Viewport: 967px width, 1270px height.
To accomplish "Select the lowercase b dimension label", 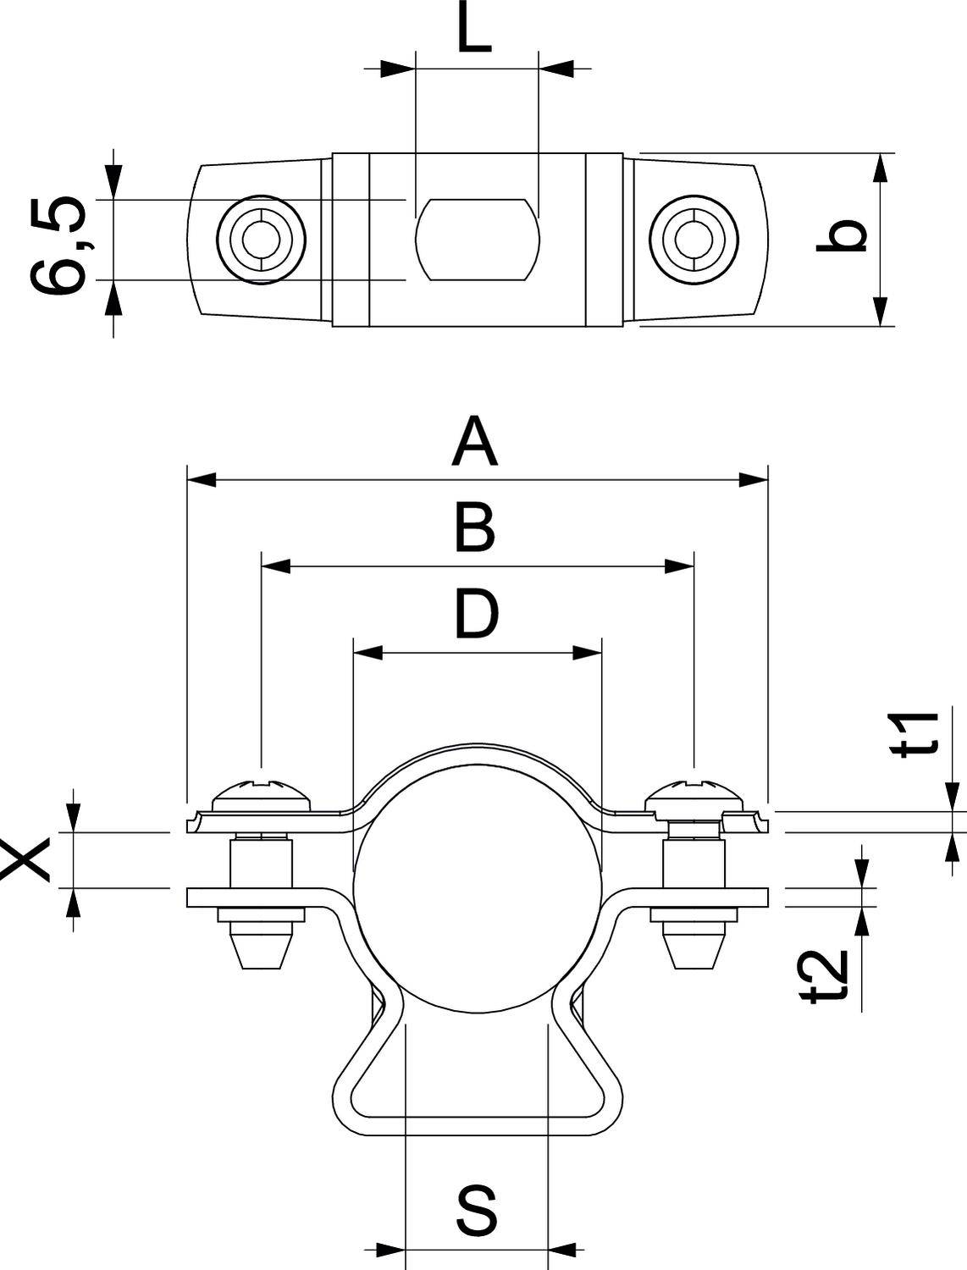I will click(842, 235).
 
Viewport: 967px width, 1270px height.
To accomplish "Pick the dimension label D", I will click(477, 616).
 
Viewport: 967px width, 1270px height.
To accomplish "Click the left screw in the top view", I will click(260, 240).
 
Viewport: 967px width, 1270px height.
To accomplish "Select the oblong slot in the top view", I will click(477, 240).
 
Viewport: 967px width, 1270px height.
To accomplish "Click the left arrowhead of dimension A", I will click(202, 480).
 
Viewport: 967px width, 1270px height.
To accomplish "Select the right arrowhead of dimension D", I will click(587, 653).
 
